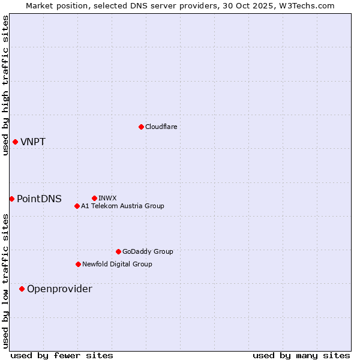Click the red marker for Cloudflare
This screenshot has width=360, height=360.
(x=141, y=127)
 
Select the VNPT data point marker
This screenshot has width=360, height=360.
(x=15, y=142)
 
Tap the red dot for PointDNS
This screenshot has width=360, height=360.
(x=11, y=199)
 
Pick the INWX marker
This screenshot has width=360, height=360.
(x=94, y=198)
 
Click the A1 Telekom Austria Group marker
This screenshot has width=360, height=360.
(x=77, y=206)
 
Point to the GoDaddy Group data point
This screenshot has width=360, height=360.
(x=118, y=251)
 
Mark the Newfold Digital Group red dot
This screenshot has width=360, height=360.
(x=78, y=264)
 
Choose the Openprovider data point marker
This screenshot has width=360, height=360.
(x=22, y=289)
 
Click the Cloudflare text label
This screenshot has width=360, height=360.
(x=161, y=127)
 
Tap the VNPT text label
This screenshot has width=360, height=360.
(x=33, y=142)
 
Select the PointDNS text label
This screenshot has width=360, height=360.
(x=39, y=199)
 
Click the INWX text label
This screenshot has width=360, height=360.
(x=107, y=198)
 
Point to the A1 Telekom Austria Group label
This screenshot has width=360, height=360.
(x=122, y=206)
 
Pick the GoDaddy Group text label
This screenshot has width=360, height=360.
(x=148, y=251)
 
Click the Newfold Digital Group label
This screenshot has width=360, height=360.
(x=117, y=264)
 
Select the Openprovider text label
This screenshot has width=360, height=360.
(x=59, y=289)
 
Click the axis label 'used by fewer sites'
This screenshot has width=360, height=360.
(x=62, y=355)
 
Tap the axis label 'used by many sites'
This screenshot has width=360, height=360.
(x=301, y=355)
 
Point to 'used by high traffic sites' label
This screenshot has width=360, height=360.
(x=5, y=85)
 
